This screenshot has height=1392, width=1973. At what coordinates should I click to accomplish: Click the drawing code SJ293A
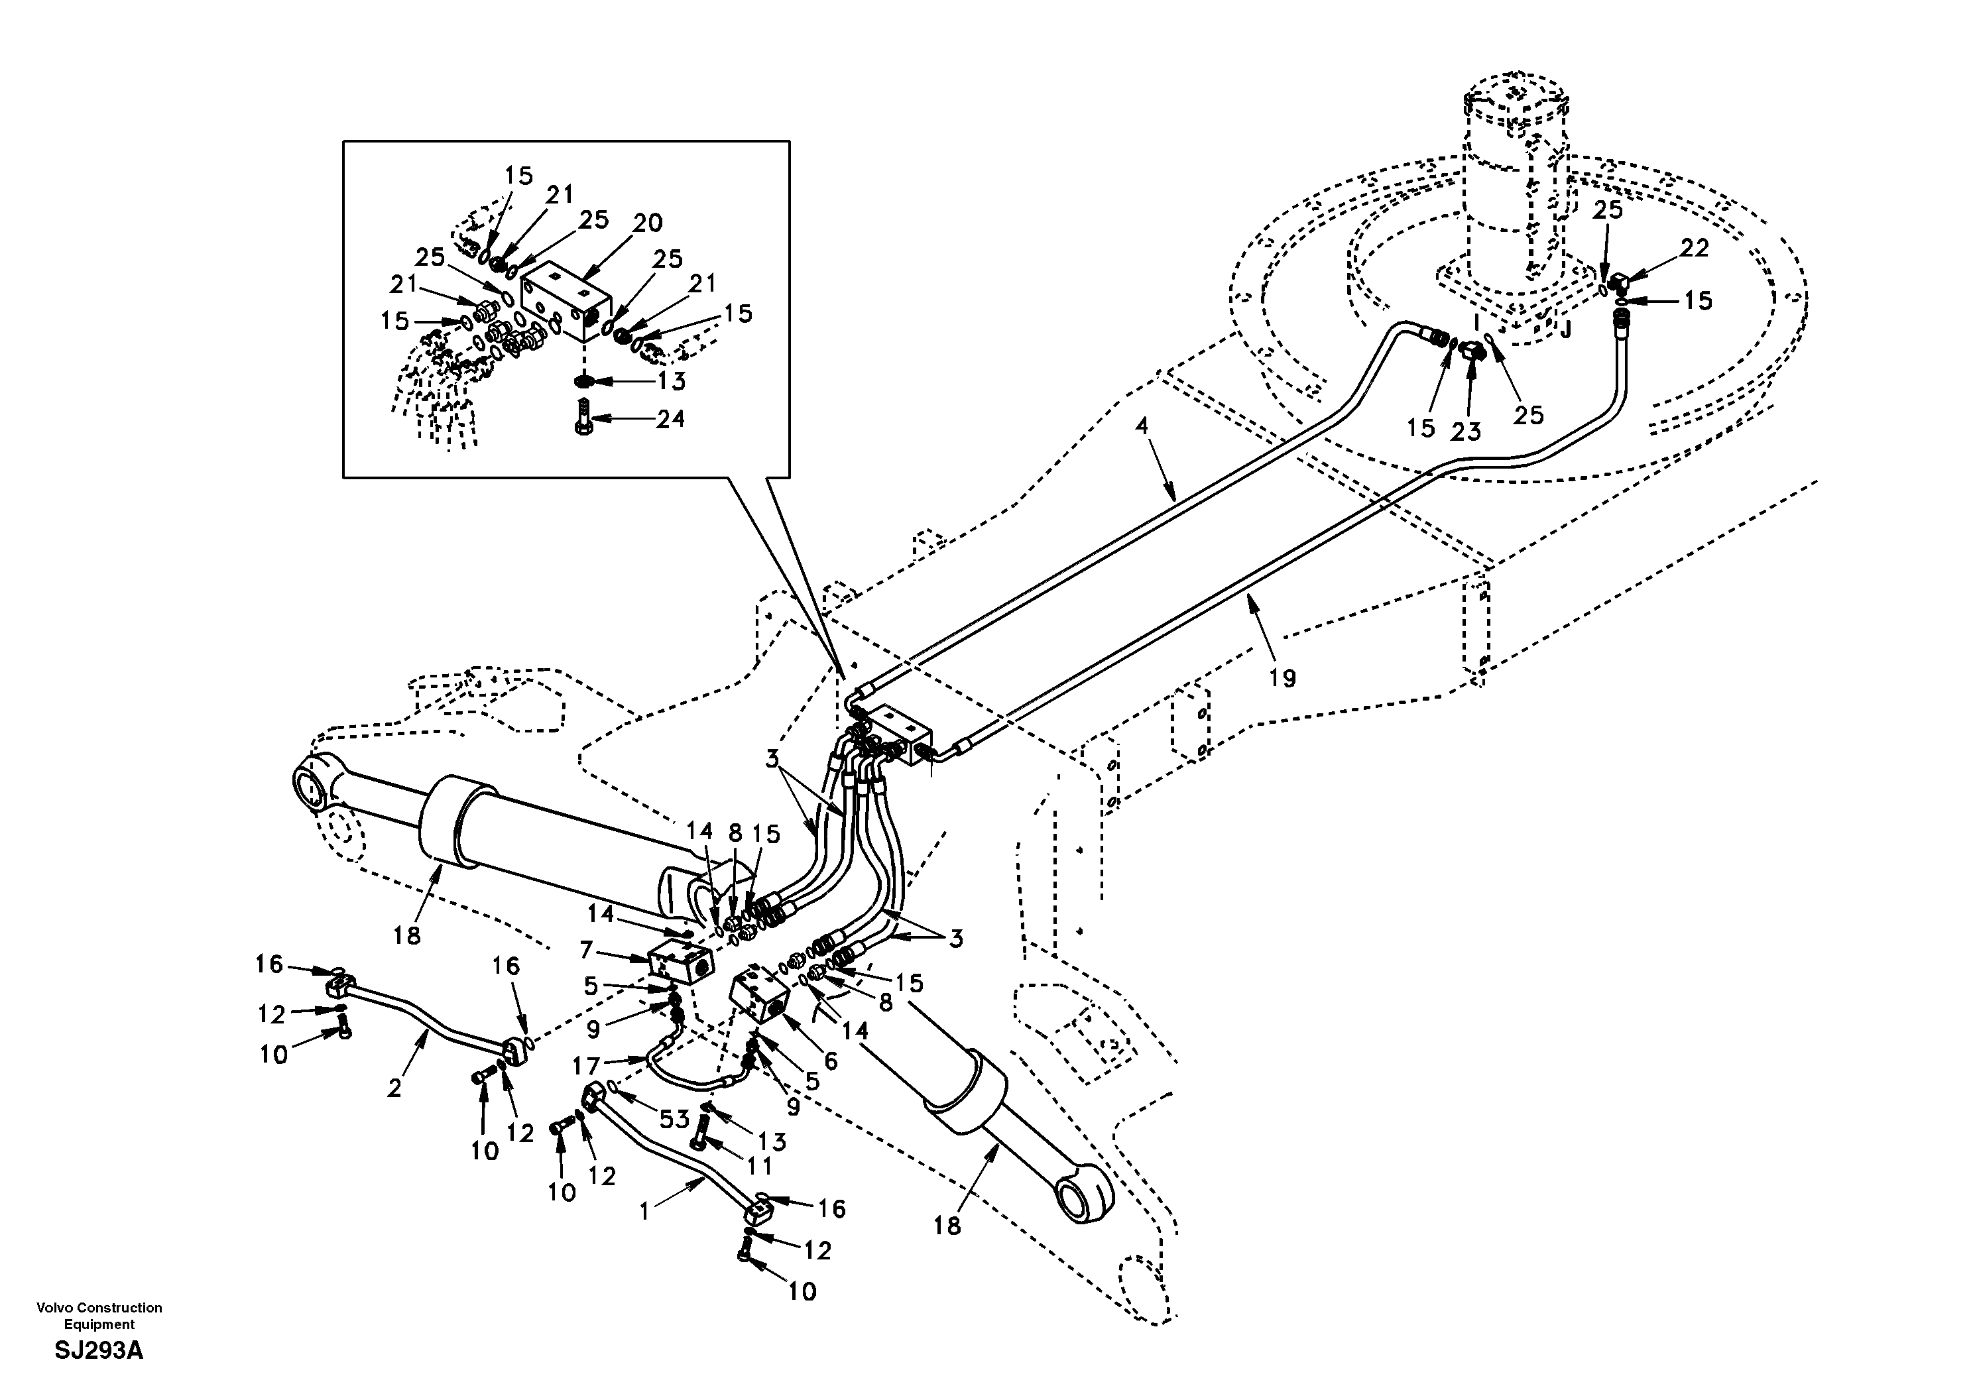pos(99,1352)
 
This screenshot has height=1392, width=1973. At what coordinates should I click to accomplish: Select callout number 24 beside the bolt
pos(670,420)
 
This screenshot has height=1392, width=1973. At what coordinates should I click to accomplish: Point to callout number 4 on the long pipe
pos(1141,426)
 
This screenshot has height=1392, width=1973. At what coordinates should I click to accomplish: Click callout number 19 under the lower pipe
pos(1282,678)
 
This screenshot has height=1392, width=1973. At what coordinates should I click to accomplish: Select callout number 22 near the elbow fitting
pos(1695,249)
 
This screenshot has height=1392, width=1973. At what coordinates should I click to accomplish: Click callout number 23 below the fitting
pos(1465,432)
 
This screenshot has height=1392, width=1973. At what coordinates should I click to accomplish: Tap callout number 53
pos(674,1119)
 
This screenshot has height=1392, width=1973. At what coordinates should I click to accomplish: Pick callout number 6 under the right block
pos(830,1061)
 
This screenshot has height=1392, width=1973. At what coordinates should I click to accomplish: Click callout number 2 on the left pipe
pos(394,1088)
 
